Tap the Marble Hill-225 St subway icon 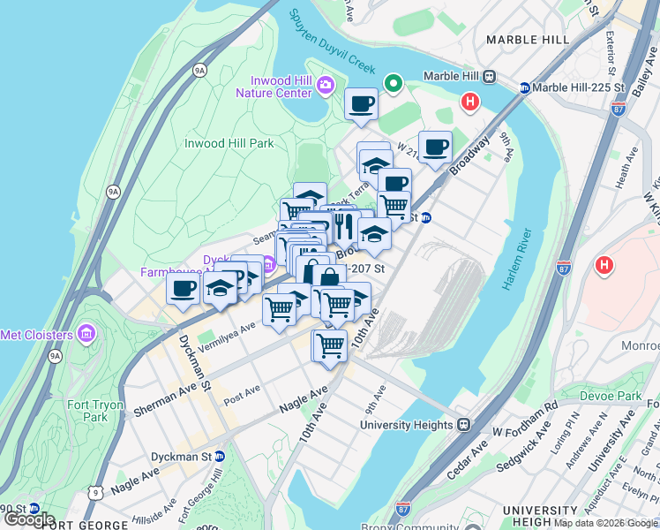pos(524,88)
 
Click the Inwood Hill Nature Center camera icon pos(325,85)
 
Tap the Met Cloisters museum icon pos(86,334)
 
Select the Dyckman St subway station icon pos(220,457)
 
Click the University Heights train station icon pos(462,424)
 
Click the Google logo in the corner pos(30,519)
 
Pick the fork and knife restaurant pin pos(344,226)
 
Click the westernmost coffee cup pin pos(184,288)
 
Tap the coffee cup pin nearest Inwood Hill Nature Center pos(361,104)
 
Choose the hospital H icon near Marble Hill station pos(470,102)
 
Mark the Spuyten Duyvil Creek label pos(334,44)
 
